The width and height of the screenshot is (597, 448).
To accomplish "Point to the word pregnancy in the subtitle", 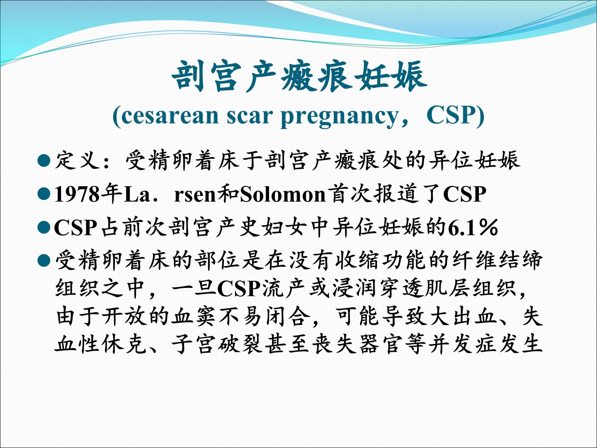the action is [x=339, y=117].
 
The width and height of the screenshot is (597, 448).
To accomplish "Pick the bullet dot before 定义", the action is [x=44, y=161].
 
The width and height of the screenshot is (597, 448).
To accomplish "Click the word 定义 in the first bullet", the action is [x=77, y=160].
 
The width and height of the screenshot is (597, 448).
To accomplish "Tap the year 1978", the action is [x=77, y=194].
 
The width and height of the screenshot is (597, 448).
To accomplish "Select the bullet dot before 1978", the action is [x=44, y=194].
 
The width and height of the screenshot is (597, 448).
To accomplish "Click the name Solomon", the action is [x=283, y=195].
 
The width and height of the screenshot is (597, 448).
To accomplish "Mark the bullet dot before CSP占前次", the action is [x=44, y=228].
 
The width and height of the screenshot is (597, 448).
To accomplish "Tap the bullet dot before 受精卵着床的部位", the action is [x=44, y=261].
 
